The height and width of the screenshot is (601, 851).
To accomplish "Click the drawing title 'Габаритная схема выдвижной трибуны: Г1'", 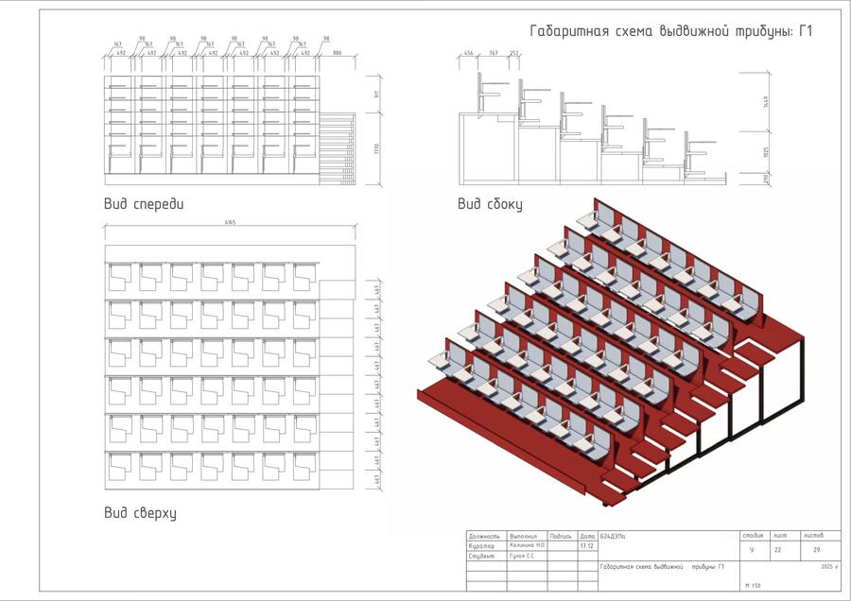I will [671, 31].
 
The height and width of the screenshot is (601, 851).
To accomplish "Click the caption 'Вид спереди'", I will [144, 203].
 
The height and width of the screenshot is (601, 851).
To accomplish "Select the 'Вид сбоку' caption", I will [490, 203].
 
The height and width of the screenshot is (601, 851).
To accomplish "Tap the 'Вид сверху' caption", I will [140, 513].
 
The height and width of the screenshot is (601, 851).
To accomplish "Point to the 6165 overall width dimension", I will [230, 223].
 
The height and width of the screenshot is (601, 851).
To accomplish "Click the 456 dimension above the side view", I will [469, 54].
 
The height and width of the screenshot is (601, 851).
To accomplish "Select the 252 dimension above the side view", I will [513, 54].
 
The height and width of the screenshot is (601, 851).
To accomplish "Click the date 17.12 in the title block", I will [586, 546].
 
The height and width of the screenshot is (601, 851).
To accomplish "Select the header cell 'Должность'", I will [484, 536].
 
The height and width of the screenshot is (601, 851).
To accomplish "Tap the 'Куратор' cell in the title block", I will [481, 546].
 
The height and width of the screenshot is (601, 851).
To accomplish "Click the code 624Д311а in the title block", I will [615, 536].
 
